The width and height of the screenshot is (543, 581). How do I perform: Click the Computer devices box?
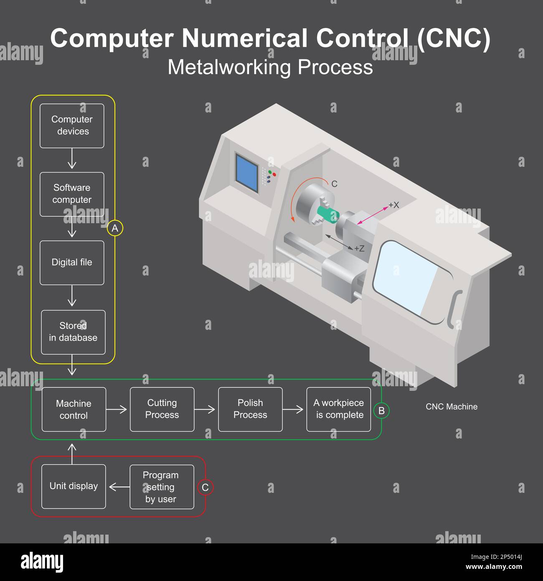72,126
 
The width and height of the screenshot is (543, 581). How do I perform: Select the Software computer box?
72,194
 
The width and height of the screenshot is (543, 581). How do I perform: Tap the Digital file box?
72,263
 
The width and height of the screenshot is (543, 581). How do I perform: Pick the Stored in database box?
73,332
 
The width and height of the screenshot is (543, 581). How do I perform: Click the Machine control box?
74,409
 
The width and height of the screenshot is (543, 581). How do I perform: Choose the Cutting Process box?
162,409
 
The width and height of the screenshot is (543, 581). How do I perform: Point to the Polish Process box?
250,409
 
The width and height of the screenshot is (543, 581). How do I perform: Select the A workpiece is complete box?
339,409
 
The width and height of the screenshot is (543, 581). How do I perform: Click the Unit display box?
74,487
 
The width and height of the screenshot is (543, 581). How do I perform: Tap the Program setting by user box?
162,487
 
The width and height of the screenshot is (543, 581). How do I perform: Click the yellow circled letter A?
115,228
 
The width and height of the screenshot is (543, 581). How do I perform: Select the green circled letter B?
381,410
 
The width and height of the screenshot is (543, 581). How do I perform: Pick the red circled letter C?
205,487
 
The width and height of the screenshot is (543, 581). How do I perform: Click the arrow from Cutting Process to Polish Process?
205,409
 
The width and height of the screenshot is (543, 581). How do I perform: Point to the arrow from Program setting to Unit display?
119,487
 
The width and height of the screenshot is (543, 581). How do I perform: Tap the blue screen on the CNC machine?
247,173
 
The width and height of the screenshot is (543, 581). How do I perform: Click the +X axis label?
394,205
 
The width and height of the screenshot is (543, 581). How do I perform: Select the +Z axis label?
359,248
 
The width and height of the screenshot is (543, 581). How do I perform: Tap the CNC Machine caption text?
452,407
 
